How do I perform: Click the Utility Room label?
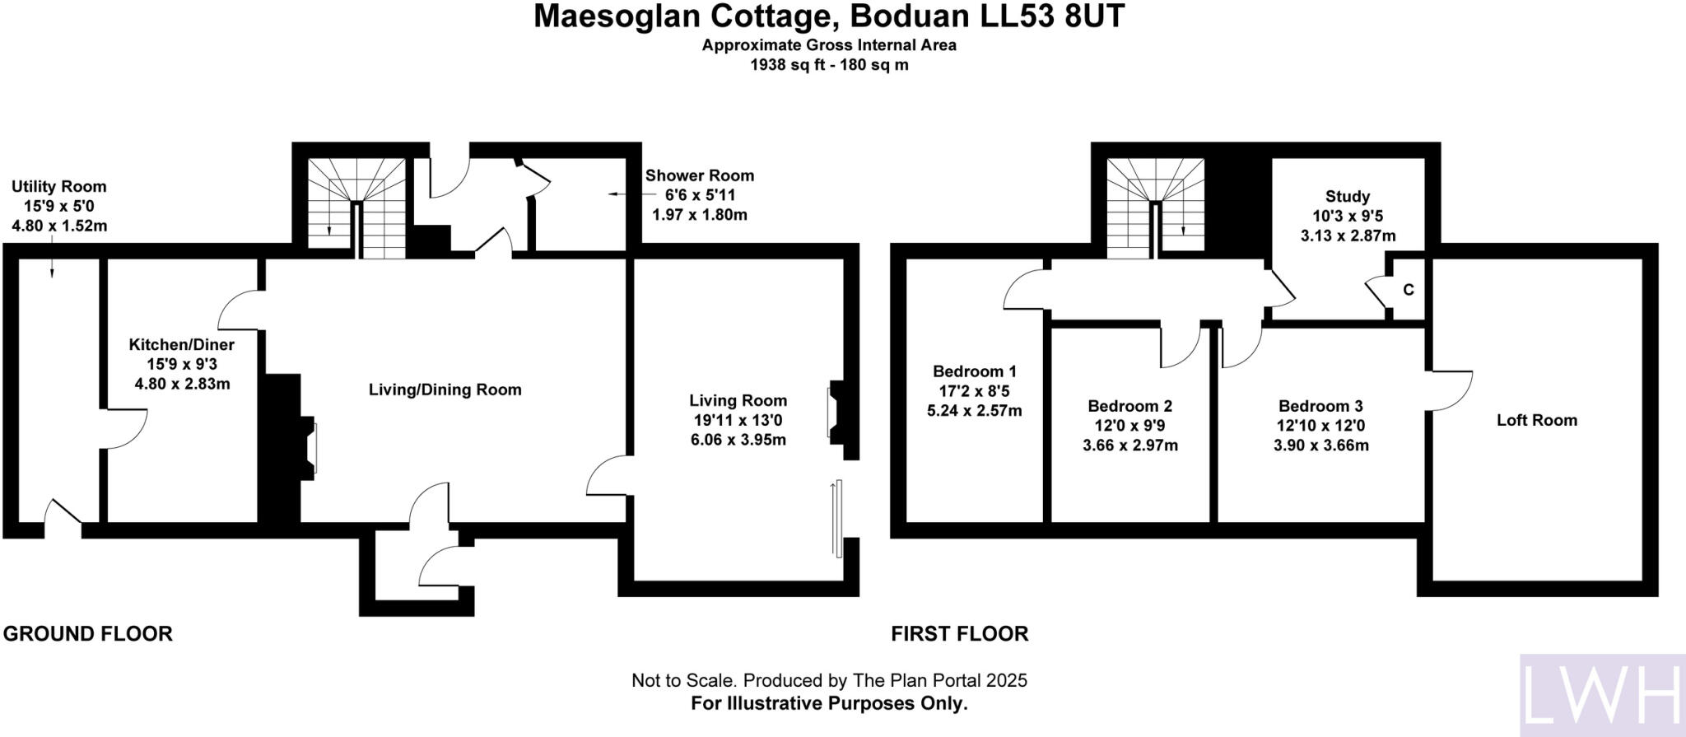58,187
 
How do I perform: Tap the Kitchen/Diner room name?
181,345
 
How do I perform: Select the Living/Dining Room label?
445,389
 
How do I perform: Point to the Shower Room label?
699,175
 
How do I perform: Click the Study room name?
1348,197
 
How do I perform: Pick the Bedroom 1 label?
974,371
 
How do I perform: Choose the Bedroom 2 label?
1129,406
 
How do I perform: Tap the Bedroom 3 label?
1320,406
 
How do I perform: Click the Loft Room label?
1536,420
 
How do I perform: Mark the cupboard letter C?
1409,290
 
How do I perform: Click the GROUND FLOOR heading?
88,634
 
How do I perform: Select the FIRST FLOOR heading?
959,634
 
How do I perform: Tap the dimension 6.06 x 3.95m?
738,441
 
